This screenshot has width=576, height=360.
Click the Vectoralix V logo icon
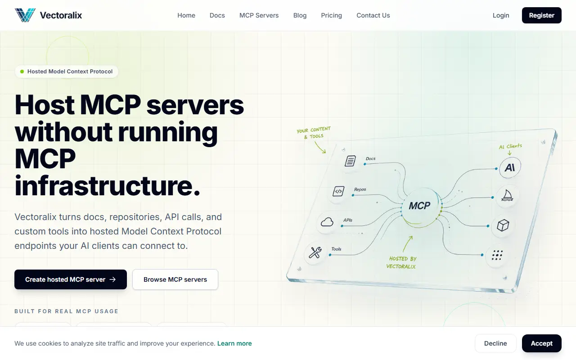pyautogui.click(x=25, y=15)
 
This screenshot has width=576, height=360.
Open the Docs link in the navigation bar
pyautogui.click(x=217, y=15)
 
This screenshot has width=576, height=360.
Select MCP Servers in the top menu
pyautogui.click(x=259, y=15)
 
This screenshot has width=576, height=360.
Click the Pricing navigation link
pyautogui.click(x=332, y=15)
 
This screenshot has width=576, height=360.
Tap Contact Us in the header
pyautogui.click(x=373, y=15)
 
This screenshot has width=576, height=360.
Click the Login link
pyautogui.click(x=501, y=15)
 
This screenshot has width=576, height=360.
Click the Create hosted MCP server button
pyautogui.click(x=71, y=279)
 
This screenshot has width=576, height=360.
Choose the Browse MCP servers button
pyautogui.click(x=175, y=279)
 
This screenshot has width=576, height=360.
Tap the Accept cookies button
pyautogui.click(x=541, y=343)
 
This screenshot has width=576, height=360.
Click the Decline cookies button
pyautogui.click(x=495, y=343)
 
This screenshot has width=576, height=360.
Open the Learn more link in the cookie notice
pyautogui.click(x=234, y=343)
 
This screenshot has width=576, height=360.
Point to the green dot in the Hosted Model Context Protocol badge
pyautogui.click(x=22, y=72)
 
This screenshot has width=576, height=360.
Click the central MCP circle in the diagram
pyautogui.click(x=420, y=206)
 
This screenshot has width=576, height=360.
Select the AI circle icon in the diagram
pyautogui.click(x=510, y=168)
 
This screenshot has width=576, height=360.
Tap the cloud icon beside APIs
pyautogui.click(x=327, y=222)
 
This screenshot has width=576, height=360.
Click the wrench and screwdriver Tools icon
pyautogui.click(x=315, y=252)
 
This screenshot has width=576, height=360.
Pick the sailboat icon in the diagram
pyautogui.click(x=507, y=195)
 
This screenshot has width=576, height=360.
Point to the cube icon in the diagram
pyautogui.click(x=503, y=225)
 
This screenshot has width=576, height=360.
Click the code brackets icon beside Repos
pyautogui.click(x=338, y=191)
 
